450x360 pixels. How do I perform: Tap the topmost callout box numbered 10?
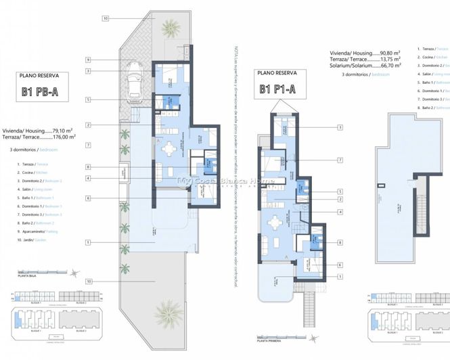105,18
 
